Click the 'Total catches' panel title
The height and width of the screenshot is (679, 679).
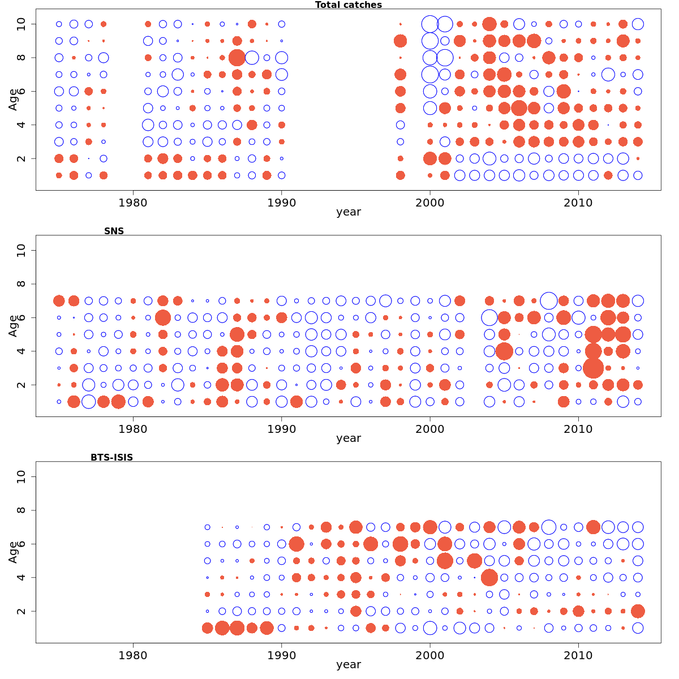(349, 5)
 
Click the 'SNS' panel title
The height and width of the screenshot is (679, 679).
(114, 231)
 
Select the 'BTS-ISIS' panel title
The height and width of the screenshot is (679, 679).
(111, 457)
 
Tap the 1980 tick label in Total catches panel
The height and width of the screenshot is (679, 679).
(133, 203)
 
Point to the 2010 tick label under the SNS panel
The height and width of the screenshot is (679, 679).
(578, 429)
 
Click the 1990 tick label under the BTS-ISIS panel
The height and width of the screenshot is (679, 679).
(281, 655)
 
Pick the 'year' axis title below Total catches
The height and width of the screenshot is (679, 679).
(349, 212)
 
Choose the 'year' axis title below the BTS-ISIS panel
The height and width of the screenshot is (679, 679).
(349, 664)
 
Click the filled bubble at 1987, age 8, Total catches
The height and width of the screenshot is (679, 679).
(237, 58)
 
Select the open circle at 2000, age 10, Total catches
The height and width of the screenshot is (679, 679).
(430, 24)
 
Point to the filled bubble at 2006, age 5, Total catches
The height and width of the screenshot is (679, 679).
(519, 108)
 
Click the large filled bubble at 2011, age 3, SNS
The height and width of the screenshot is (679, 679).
(593, 368)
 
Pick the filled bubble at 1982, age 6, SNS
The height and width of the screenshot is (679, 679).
(163, 317)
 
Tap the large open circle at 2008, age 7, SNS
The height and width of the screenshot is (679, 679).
(548, 300)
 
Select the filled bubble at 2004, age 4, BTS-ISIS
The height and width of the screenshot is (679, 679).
(489, 578)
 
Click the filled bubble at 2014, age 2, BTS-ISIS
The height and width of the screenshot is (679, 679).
(638, 611)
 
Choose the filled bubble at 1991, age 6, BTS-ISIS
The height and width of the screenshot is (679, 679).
(296, 544)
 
